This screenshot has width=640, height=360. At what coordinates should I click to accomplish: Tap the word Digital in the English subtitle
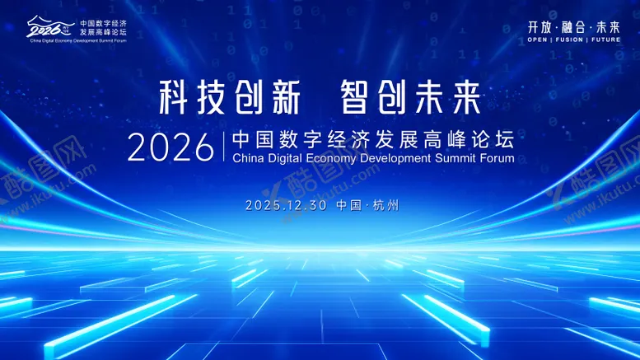click(x=283, y=158)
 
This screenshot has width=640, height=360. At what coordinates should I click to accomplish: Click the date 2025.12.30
click(x=287, y=205)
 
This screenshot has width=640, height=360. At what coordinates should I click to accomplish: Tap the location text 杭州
click(x=385, y=205)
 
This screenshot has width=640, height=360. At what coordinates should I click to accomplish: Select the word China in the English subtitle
click(x=249, y=158)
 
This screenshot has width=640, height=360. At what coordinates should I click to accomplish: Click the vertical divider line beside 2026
click(x=223, y=147)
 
